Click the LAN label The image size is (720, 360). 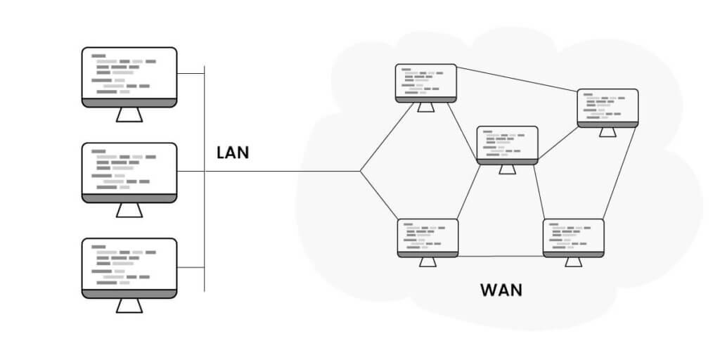coord(232,152)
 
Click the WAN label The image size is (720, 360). coord(501,289)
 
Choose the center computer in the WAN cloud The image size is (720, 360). coord(507,145)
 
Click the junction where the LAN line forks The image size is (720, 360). coord(360,171)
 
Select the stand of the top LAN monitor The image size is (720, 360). coord(129,115)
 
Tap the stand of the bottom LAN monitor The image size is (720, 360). coord(129,306)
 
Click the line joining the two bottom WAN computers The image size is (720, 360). coord(500,256)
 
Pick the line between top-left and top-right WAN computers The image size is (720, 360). coord(517,80)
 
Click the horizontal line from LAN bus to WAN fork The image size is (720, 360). coord(281,171)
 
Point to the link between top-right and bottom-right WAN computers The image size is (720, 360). coord(619,173)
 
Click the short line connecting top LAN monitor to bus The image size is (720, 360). coord(191,74)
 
